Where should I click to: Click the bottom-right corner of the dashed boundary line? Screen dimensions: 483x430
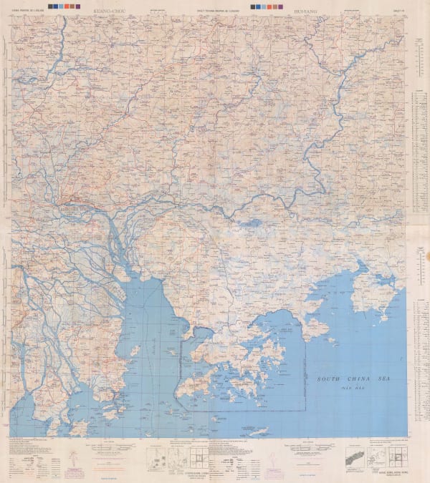[x=306, y=410]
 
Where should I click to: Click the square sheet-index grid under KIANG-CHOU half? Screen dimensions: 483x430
[x=199, y=458]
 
